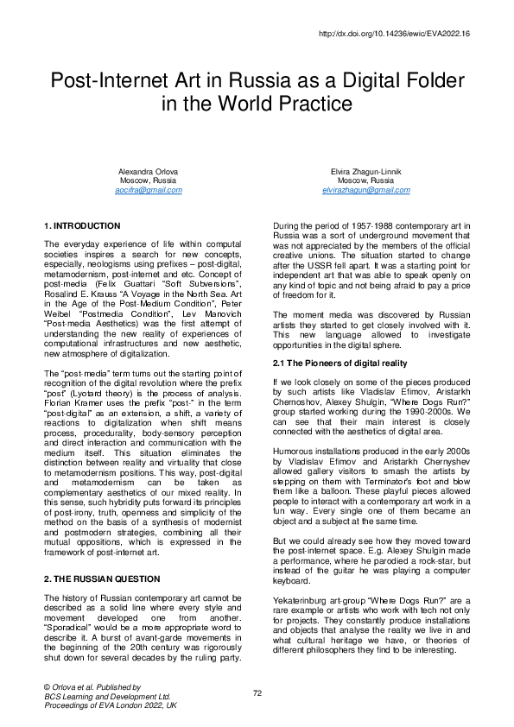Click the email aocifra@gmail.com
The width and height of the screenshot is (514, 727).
(149, 190)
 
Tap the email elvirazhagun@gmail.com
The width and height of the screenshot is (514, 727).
(365, 190)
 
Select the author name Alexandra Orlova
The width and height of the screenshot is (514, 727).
(149, 172)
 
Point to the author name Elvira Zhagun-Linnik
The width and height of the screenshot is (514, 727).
(365, 172)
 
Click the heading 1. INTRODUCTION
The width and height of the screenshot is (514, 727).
(82, 225)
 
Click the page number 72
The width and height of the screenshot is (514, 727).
(257, 692)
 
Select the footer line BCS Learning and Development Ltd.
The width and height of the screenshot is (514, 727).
(107, 695)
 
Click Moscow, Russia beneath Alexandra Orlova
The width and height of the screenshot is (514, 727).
(149, 180)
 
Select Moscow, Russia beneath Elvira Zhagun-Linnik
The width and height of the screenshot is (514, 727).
(365, 180)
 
